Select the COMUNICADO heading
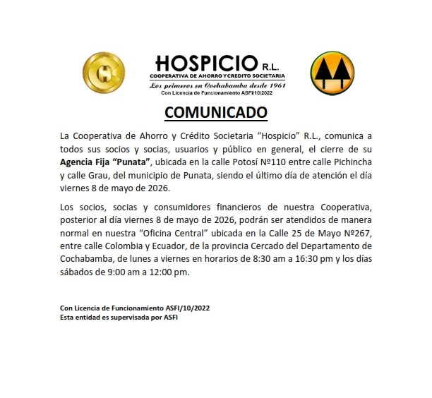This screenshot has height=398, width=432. point(216,113)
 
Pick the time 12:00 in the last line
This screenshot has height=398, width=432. point(158,273)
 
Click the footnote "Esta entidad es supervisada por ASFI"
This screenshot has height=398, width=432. point(119,318)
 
